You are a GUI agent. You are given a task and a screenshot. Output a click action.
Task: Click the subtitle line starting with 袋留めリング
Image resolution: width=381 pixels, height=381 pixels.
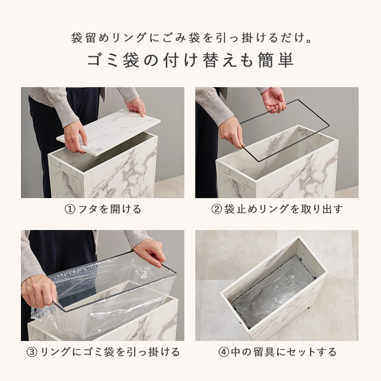click(x=190, y=38)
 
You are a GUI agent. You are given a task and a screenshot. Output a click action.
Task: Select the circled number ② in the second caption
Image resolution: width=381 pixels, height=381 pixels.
click(x=217, y=209)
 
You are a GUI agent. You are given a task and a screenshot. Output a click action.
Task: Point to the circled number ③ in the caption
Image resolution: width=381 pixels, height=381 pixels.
click(x=32, y=352)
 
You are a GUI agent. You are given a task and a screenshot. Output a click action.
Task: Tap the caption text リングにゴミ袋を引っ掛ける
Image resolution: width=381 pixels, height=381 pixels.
click(x=110, y=352)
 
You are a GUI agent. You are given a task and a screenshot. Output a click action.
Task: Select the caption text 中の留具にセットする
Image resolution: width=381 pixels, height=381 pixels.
click(x=284, y=352)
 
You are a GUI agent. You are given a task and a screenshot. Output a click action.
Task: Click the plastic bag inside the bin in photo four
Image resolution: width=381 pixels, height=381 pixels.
click(x=271, y=295)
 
